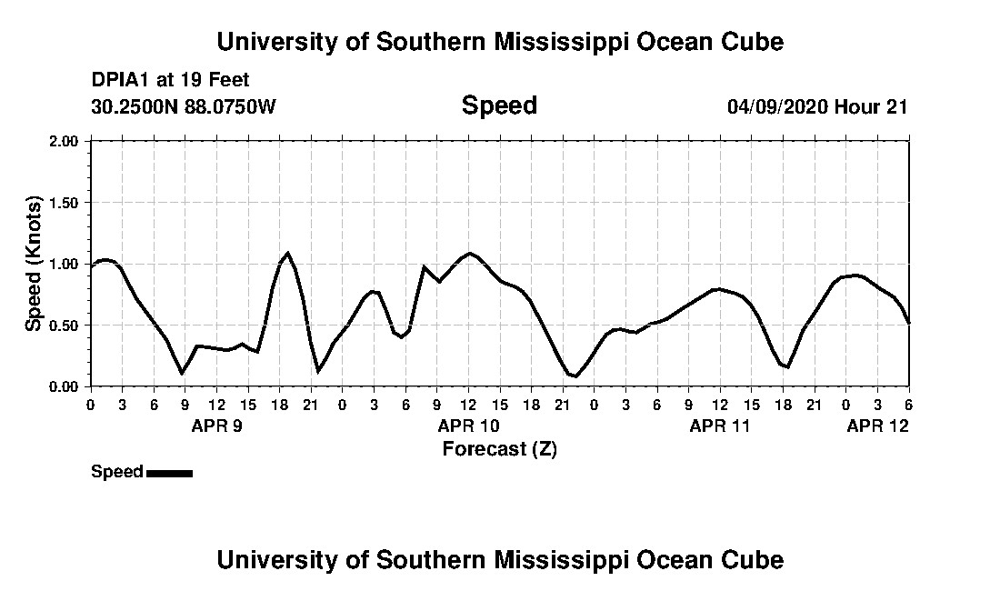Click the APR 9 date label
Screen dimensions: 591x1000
click(x=216, y=425)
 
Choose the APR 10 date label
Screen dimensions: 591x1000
click(x=468, y=425)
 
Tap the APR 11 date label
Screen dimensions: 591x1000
click(x=720, y=425)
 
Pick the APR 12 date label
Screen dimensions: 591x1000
click(x=877, y=425)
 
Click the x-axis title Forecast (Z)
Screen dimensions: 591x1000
click(x=499, y=448)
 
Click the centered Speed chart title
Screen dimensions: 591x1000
click(x=499, y=105)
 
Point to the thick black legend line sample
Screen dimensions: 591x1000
click(x=169, y=473)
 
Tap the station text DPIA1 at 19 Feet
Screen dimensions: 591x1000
click(x=170, y=80)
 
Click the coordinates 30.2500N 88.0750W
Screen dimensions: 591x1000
click(x=184, y=106)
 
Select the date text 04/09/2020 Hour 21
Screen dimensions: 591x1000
click(x=817, y=106)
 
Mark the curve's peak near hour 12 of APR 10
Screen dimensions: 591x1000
click(x=469, y=253)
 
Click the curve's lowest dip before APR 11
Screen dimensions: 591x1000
click(x=575, y=376)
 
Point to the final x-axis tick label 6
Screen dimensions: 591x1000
click(x=908, y=405)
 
